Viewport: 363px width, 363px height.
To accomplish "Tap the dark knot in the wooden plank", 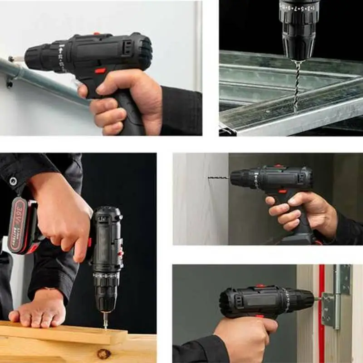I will (104, 353).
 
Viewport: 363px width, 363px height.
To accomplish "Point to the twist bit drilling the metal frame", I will (297, 84).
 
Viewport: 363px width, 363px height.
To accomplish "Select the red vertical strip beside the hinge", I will (321, 313).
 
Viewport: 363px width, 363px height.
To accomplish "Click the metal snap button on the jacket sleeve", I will (14, 181).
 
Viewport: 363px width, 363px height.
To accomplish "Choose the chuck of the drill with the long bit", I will (240, 178).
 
